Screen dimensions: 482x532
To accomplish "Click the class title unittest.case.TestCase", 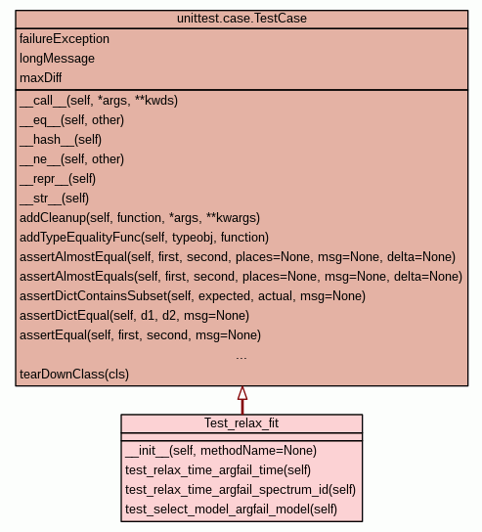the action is pos(241,19).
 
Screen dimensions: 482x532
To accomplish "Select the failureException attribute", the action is pos(65,39).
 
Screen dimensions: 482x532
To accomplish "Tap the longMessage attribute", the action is pos(57,59).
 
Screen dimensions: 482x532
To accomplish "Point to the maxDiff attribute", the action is pos(41,78).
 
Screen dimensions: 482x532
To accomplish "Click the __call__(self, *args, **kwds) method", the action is pos(99,101).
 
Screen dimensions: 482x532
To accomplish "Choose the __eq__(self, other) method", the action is pos(72,120).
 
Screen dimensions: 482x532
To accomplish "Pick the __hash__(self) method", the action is pos(61,140).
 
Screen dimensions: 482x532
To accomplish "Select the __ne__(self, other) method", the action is pos(72,159).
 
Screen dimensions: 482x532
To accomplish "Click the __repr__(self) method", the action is pos(58,179).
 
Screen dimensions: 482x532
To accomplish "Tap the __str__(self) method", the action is pos(55,199).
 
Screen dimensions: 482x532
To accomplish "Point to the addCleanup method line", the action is pos(140,218).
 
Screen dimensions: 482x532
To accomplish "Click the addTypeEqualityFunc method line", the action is pos(144,238).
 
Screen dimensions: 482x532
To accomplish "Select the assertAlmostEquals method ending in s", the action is pos(241,277).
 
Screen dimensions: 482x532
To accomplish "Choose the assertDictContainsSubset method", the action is pos(193,296).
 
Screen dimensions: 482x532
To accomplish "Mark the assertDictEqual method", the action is pos(134,316).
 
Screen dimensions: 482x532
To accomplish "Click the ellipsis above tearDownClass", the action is pos(241,358).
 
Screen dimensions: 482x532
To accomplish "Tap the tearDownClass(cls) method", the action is pos(74,375).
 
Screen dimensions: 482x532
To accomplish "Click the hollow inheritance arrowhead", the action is pos(242,393).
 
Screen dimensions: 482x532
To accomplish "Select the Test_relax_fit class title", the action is pos(241,423).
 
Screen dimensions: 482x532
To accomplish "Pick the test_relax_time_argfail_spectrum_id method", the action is pos(241,490).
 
